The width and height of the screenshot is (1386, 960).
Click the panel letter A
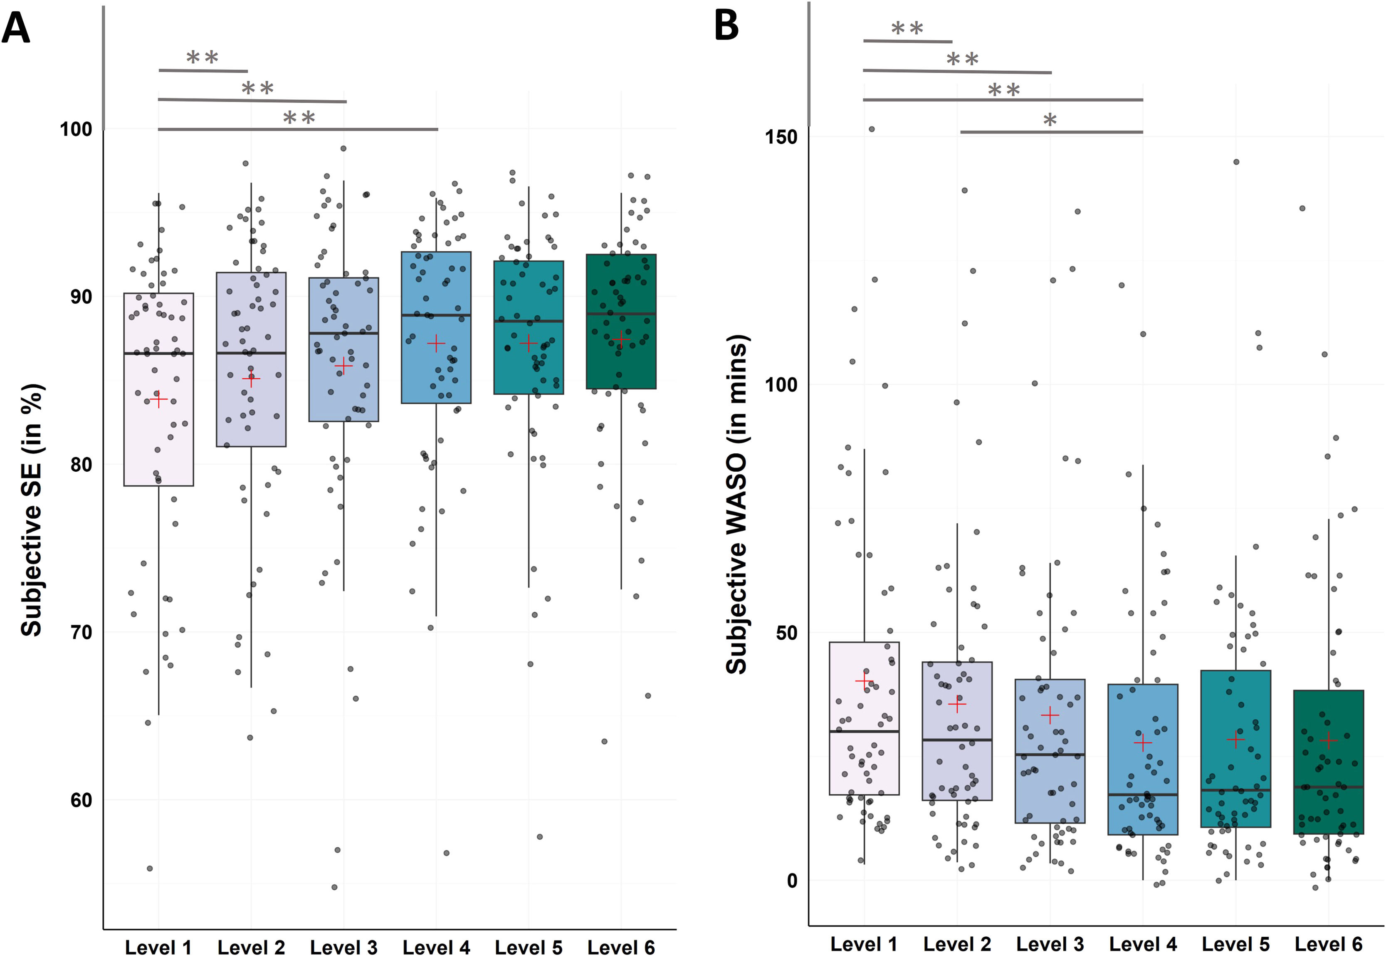(16, 28)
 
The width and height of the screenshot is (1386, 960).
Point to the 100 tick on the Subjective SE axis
(76, 129)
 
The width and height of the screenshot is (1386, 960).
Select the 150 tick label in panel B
(781, 137)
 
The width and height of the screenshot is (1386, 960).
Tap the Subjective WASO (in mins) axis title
(737, 504)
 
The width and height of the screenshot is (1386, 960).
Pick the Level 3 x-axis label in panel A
(343, 948)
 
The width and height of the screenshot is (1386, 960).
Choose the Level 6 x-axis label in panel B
(1328, 944)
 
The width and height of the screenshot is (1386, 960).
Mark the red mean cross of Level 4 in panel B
(1142, 743)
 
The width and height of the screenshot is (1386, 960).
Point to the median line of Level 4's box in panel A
(436, 315)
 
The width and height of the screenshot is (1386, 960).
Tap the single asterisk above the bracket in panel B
(1050, 120)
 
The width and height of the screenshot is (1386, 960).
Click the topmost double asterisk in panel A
(202, 58)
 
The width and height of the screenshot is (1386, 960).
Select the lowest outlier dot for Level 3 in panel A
(334, 887)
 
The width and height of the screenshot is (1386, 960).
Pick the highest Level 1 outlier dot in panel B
(871, 129)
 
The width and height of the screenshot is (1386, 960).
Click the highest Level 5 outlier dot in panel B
(1236, 162)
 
